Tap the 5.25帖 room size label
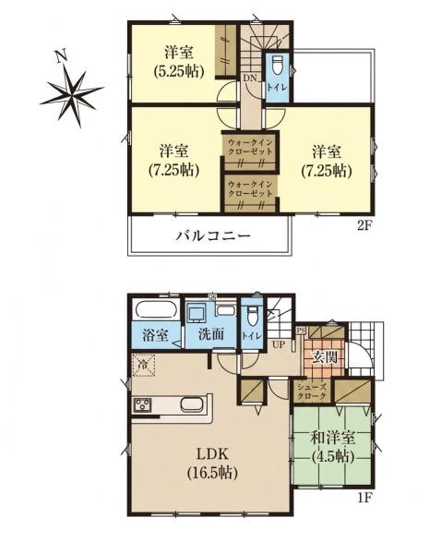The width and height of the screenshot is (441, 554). click(x=179, y=72)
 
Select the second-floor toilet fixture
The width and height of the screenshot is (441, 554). click(x=277, y=65)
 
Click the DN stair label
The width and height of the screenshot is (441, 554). click(x=250, y=78)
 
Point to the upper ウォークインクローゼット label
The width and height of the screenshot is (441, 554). click(x=250, y=147)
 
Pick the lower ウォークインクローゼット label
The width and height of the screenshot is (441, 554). click(x=250, y=189)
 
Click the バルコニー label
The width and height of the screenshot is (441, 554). click(x=213, y=235)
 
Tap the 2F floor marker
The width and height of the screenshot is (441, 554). click(x=364, y=225)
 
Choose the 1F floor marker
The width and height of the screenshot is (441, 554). click(x=364, y=498)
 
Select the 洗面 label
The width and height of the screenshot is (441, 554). click(x=211, y=334)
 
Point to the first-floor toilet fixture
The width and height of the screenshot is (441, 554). click(x=252, y=316)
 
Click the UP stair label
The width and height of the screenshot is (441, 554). click(x=279, y=344)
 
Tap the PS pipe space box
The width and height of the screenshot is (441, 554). click(x=300, y=331)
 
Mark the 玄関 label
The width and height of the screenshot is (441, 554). click(x=324, y=357)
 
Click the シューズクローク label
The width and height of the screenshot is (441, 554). click(x=312, y=391)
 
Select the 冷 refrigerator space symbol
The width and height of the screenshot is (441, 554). click(x=143, y=365)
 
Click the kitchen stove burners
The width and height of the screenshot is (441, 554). click(x=142, y=405)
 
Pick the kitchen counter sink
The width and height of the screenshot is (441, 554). click(x=192, y=404)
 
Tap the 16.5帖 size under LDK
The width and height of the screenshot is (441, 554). click(x=212, y=473)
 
